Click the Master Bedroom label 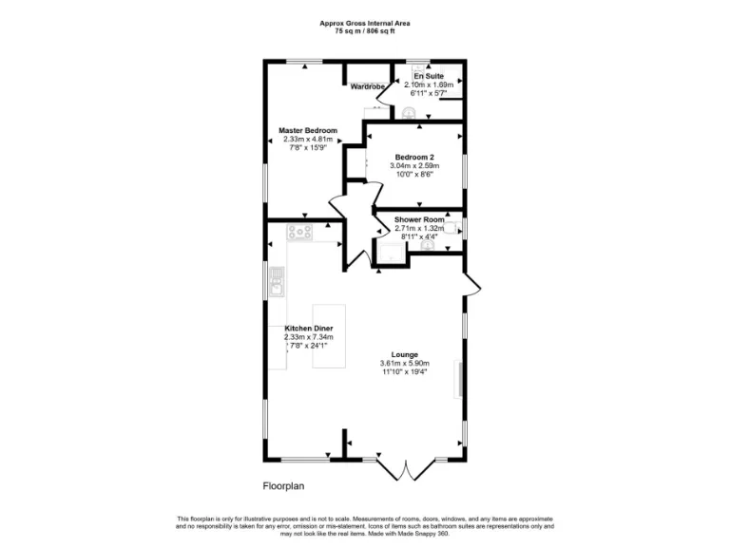(308, 130)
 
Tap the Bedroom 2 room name (414, 157)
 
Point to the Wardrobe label (367, 87)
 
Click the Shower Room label (418, 220)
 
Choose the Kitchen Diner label (308, 329)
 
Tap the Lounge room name (404, 355)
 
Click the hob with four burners (302, 231)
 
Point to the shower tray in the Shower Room (391, 251)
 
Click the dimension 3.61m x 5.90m (404, 364)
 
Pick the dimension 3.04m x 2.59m (414, 165)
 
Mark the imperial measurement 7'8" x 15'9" (308, 147)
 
